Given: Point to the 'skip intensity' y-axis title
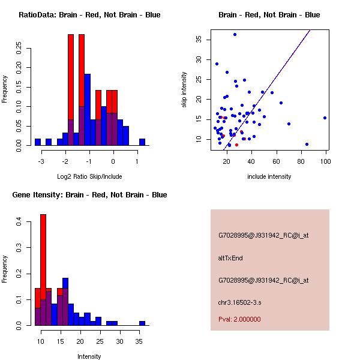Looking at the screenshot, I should point(185,90).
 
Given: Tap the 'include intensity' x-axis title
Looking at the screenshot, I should point(269,176).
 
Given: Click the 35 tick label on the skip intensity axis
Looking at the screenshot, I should point(199,40).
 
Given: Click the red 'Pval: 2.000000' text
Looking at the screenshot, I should point(239,319).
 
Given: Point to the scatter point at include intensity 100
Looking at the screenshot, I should point(325,118).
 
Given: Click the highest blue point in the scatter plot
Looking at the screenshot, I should point(235,34).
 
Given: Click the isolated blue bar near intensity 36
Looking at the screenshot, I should point(142,323).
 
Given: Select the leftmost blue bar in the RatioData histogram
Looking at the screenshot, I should point(38,142).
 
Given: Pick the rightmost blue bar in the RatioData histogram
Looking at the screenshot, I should point(142,142).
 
